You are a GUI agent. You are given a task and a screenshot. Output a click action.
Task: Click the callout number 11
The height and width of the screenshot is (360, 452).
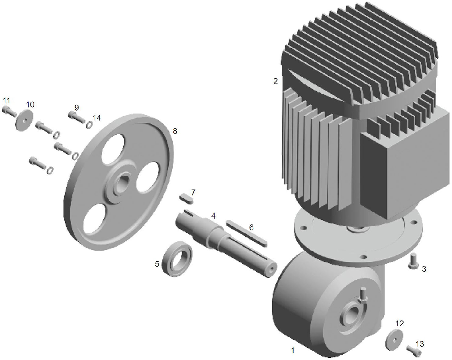pos(7,101)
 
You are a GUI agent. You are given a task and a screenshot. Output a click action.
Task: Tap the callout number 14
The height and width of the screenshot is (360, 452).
pos(97,118)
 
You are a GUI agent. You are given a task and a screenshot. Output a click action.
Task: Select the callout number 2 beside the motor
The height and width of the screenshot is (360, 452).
pos(275,81)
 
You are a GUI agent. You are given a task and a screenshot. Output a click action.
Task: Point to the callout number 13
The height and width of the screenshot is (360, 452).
pos(420,344)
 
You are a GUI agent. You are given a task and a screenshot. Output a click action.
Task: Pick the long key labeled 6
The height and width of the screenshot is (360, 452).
pos(246,233)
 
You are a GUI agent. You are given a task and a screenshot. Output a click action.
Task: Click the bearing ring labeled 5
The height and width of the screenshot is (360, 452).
pos(177,260)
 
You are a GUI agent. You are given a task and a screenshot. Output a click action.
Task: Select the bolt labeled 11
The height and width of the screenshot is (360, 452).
pos(9,112)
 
